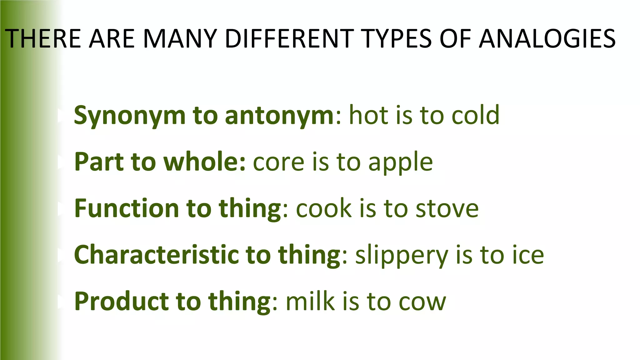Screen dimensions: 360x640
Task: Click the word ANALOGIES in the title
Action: point(547,39)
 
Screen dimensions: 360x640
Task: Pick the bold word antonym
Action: point(279,115)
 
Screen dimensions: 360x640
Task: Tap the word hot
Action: point(368,115)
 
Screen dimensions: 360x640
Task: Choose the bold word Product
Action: point(122,301)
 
